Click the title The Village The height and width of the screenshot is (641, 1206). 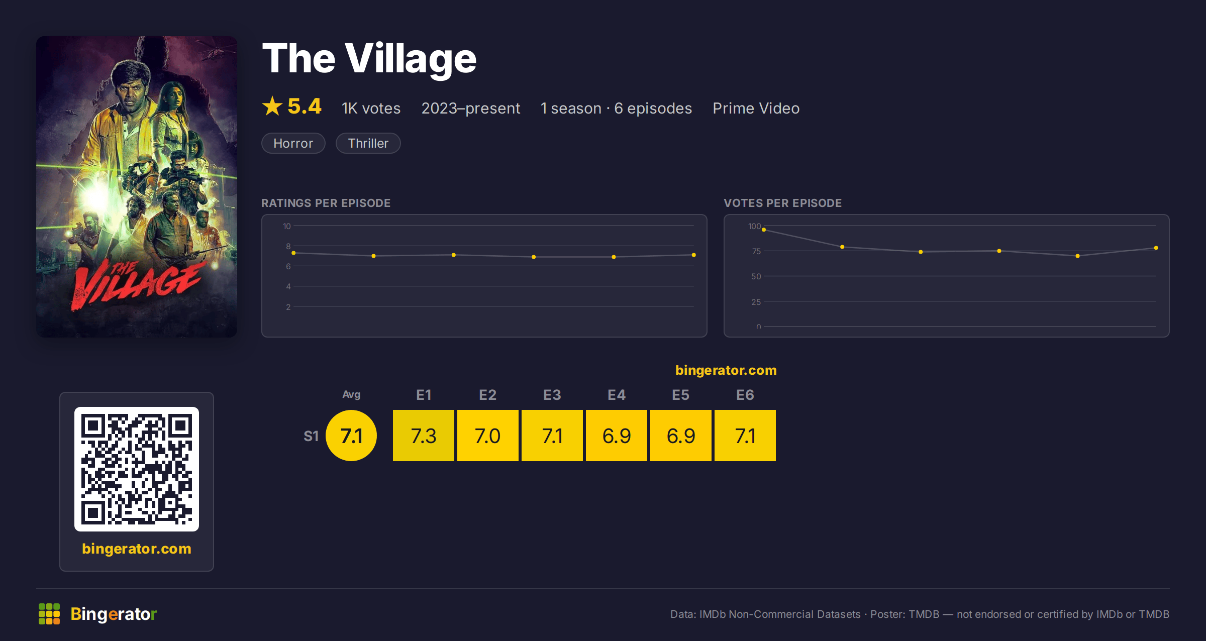(369, 59)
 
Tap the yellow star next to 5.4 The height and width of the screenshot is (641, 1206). (272, 106)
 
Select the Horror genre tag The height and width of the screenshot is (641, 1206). (293, 143)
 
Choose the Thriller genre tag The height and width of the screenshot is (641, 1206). (368, 143)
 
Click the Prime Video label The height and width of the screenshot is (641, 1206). (756, 108)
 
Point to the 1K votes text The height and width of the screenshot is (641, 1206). (371, 108)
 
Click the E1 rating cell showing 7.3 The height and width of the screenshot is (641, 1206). (424, 436)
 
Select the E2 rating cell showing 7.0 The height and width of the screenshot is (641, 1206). (488, 436)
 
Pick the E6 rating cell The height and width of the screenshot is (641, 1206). (745, 436)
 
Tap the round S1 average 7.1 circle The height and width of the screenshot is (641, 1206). (351, 436)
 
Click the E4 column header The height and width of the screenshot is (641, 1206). (617, 395)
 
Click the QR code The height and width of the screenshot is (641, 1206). (137, 469)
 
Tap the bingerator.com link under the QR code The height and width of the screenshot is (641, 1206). (137, 549)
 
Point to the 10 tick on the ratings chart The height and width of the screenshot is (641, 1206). (287, 226)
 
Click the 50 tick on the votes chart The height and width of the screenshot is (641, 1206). (756, 276)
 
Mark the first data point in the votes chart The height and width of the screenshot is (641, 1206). (764, 230)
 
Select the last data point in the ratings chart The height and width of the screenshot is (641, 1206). (694, 255)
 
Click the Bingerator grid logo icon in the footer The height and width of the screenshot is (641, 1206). (49, 614)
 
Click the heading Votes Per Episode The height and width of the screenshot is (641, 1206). (782, 203)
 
